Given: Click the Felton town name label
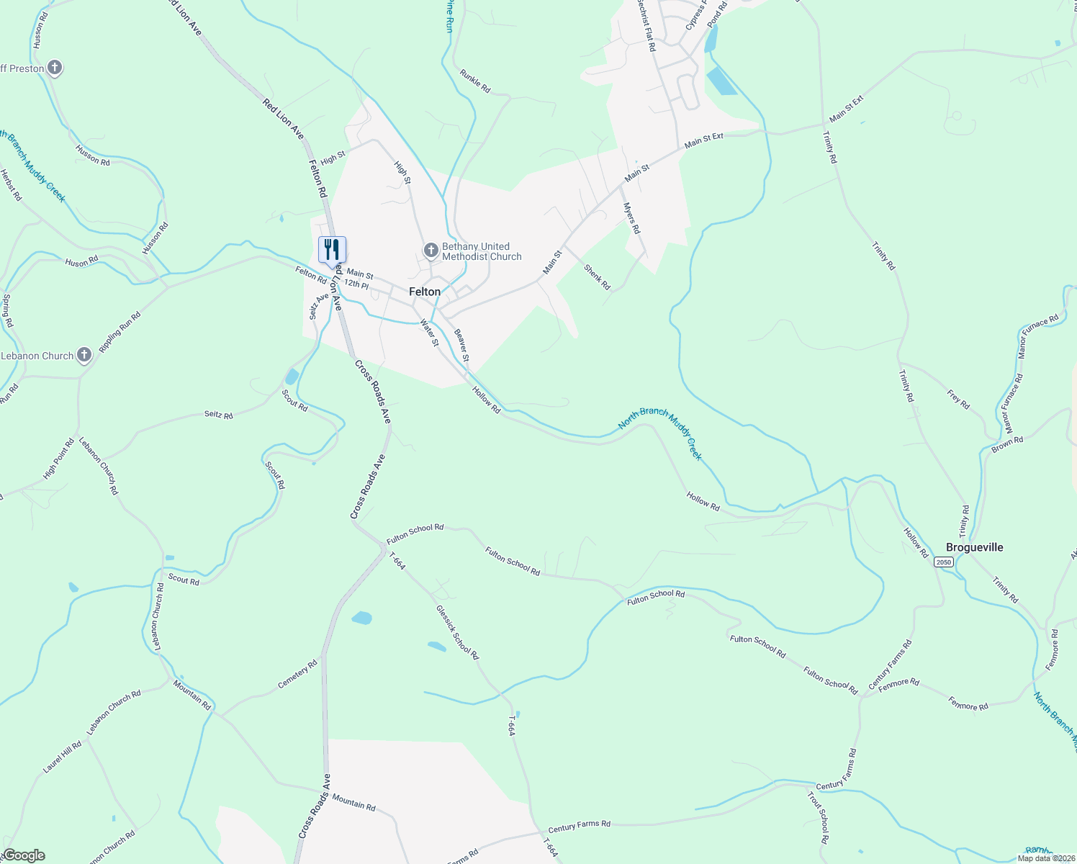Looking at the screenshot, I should [424, 292].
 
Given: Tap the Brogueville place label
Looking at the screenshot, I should [974, 547].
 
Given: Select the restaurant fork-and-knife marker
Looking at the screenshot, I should [332, 250].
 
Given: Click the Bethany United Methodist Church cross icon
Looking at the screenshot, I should [431, 251].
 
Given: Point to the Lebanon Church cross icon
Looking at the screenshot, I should [84, 355].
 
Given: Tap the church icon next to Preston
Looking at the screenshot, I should [55, 68].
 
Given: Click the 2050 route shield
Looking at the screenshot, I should [944, 562].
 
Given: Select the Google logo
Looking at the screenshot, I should [23, 855].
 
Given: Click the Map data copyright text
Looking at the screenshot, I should [1045, 858].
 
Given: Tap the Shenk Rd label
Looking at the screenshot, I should [597, 277].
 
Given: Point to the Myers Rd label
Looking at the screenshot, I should [631, 218].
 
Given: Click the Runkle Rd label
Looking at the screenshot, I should [475, 81].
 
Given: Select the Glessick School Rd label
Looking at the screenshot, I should [457, 631].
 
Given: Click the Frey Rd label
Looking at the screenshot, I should [958, 400].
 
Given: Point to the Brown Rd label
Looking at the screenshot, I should [1007, 444].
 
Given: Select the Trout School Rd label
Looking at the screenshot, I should [818, 818].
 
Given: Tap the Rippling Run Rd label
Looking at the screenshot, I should [120, 332].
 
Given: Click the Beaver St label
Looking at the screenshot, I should [461, 346].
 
